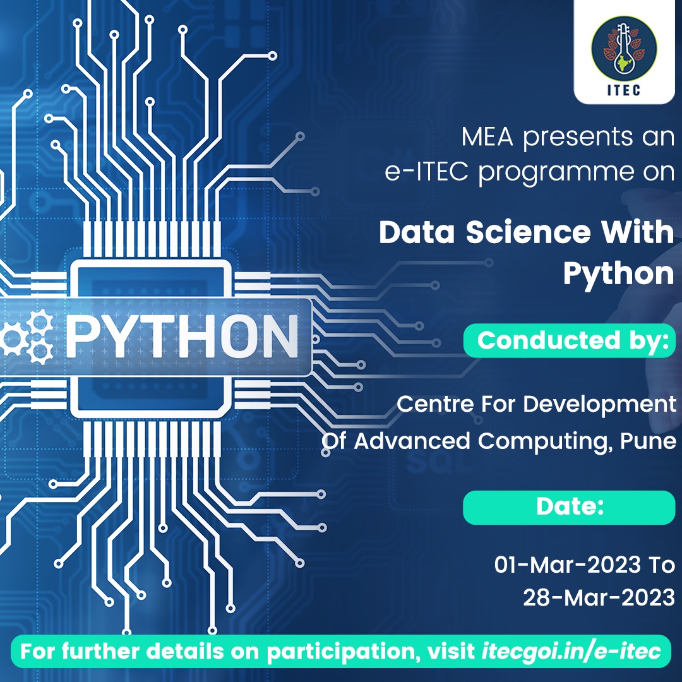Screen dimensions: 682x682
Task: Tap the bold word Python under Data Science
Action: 618,273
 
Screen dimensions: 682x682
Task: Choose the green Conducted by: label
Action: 571,340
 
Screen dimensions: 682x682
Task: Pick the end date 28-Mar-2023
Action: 599,597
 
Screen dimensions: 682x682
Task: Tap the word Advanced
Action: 412,441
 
